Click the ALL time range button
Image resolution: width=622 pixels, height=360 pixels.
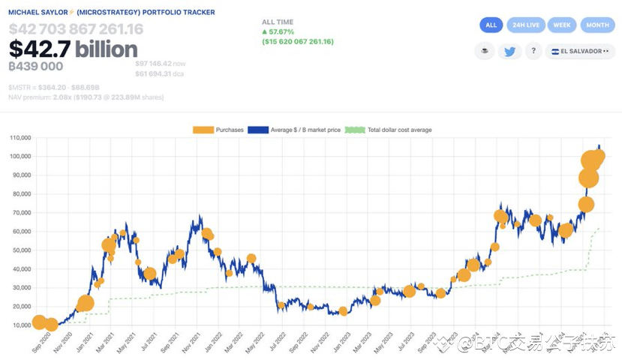[491, 25]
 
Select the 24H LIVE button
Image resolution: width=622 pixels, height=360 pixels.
[525, 25]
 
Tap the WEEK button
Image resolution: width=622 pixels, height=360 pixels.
[561, 25]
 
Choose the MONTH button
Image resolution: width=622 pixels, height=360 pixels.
[597, 25]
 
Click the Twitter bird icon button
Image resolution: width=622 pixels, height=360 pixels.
[509, 52]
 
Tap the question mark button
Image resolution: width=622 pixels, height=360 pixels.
[533, 52]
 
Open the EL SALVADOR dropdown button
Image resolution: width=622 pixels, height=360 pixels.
[581, 52]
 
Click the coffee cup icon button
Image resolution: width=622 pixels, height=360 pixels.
[484, 52]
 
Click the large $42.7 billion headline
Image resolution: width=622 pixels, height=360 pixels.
[73, 49]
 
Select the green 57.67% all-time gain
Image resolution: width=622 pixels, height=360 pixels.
[278, 32]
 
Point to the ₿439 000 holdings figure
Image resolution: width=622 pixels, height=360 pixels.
[35, 67]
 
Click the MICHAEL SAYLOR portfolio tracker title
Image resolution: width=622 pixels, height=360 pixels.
[111, 13]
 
